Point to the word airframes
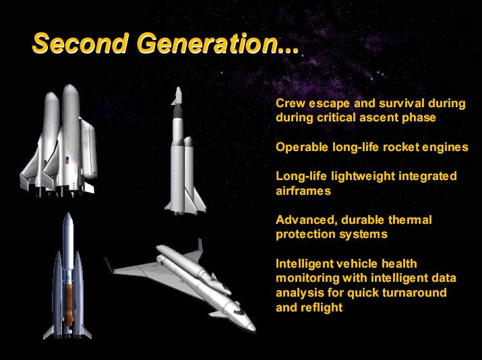coord(303,191)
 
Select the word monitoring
coord(307,278)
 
